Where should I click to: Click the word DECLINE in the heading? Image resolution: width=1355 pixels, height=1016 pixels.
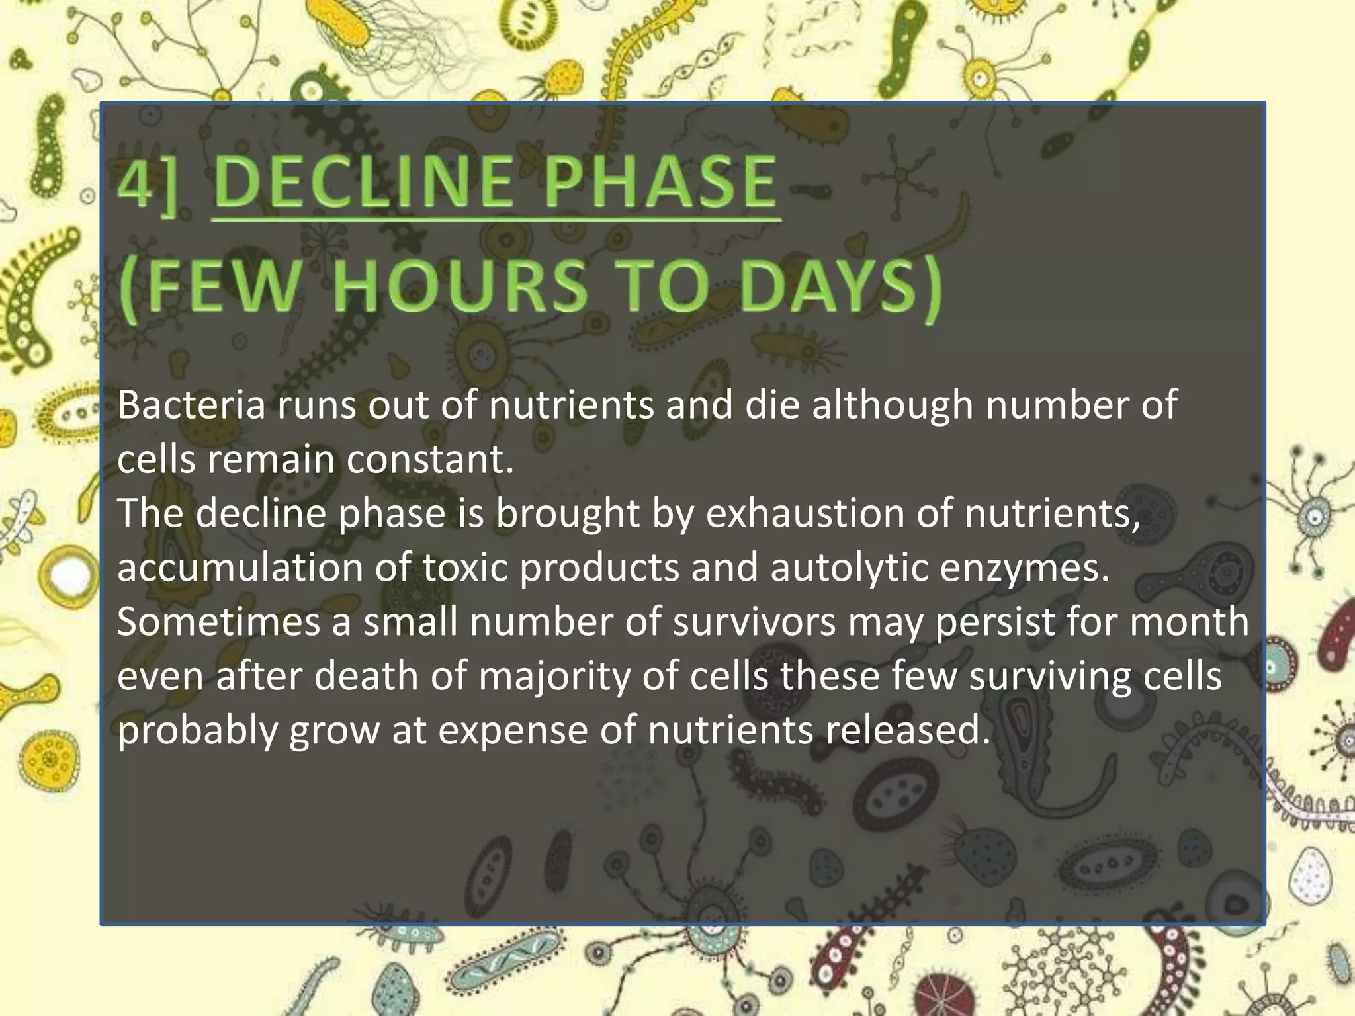tap(364, 181)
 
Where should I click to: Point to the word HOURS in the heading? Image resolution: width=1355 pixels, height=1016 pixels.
tap(460, 286)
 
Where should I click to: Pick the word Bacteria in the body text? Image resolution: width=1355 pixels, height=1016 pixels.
tap(191, 405)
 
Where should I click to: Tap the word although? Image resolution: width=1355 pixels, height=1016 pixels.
tap(893, 405)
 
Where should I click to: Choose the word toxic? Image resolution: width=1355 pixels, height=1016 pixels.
tap(464, 568)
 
